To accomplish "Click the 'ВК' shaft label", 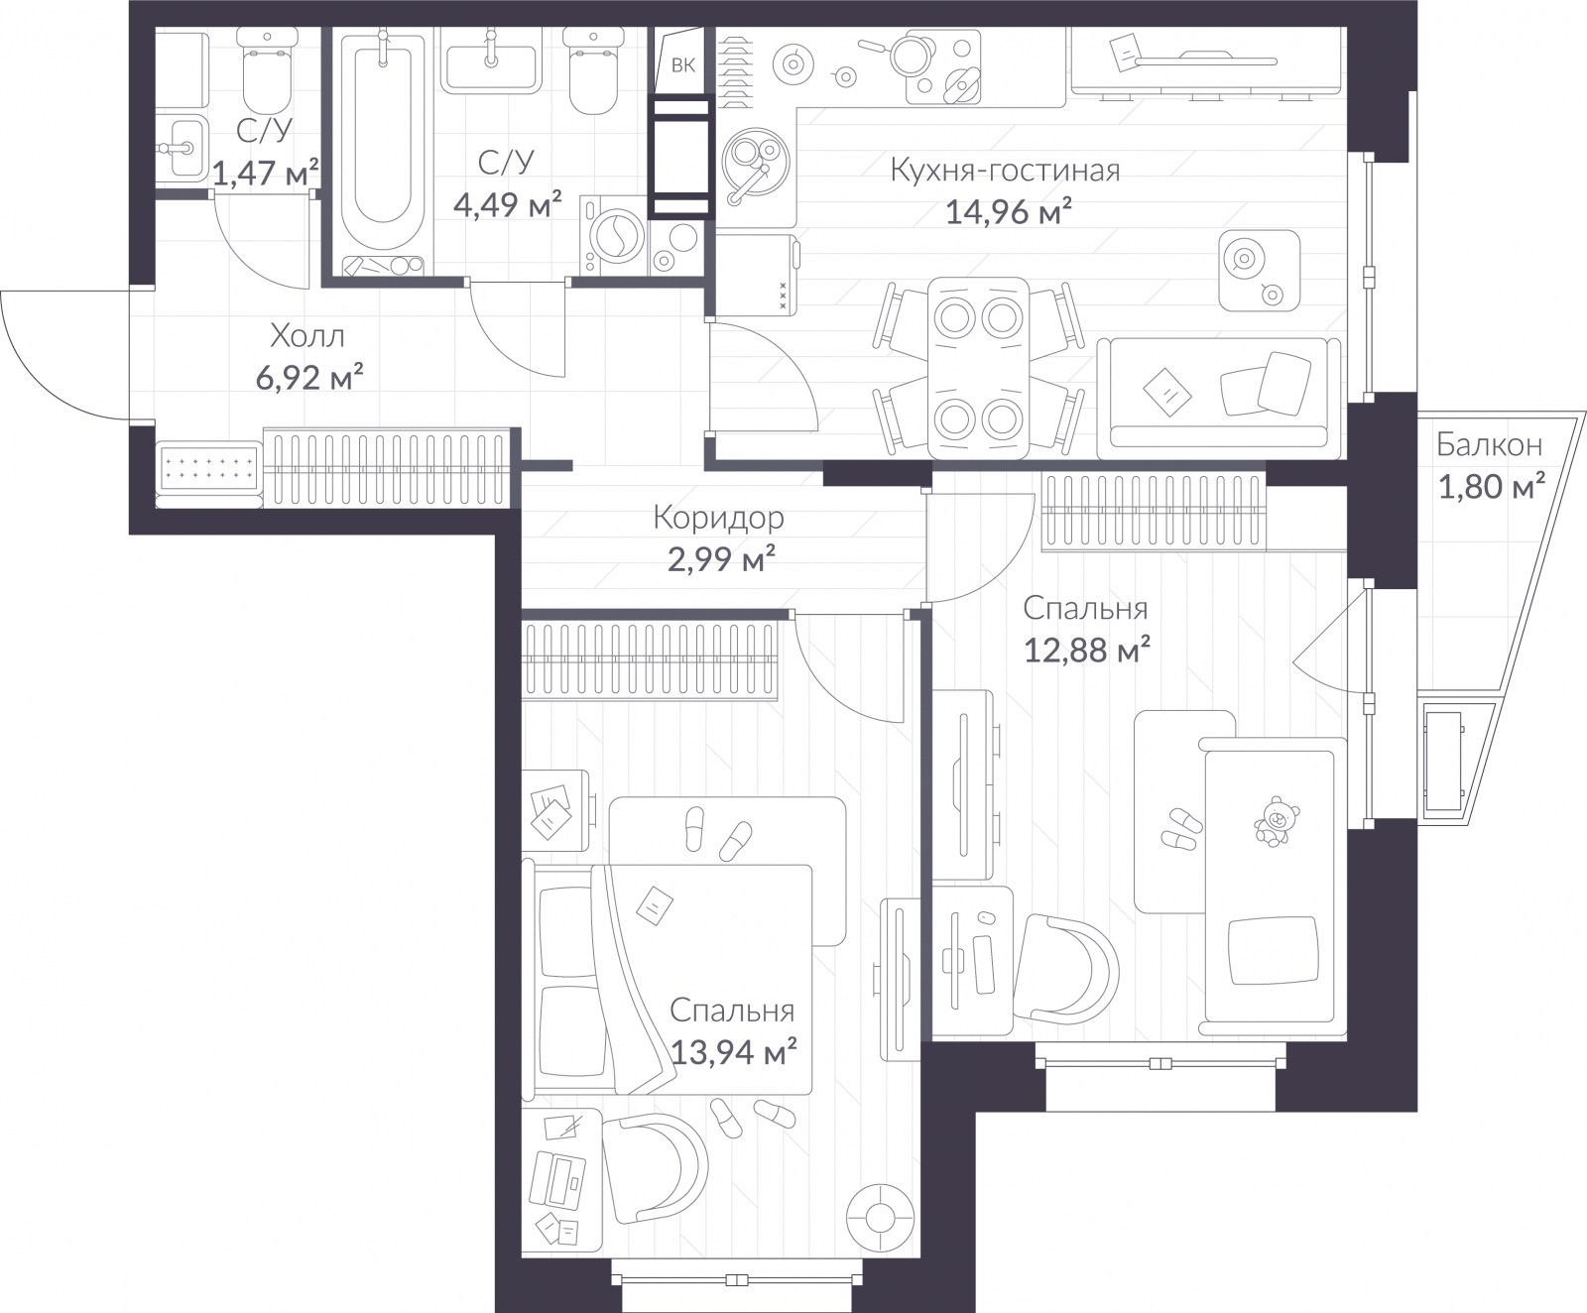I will [682, 66].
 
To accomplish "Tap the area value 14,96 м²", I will [1008, 212].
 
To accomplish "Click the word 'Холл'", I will [307, 337].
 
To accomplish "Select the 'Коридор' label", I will [718, 518].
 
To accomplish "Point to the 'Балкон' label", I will [1489, 445].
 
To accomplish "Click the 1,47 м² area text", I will [266, 175].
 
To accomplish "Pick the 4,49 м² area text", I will [507, 205].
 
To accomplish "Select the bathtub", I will [382, 139].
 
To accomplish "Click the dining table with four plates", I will [978, 367].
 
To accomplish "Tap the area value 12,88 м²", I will [1086, 651].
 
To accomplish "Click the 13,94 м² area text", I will [734, 1052].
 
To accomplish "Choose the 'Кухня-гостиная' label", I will [1005, 171].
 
